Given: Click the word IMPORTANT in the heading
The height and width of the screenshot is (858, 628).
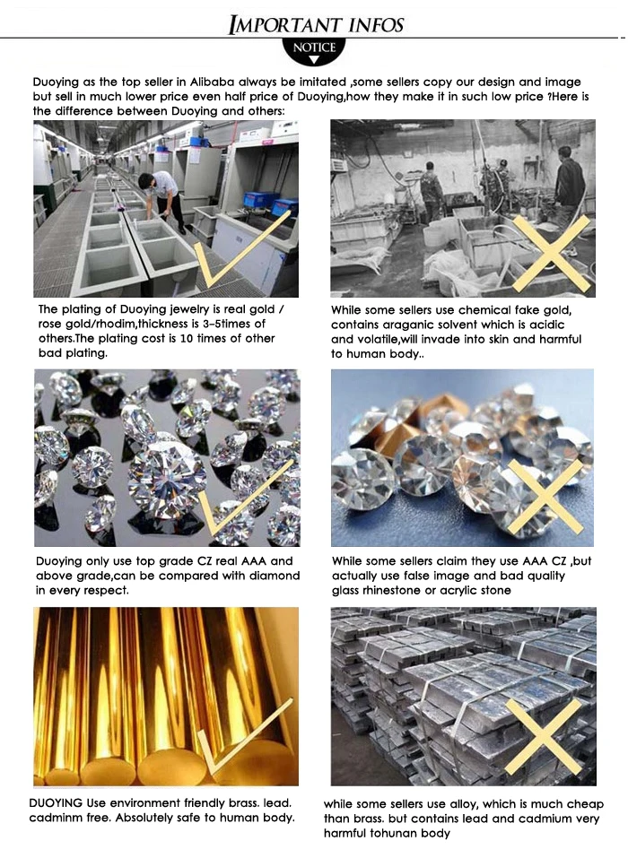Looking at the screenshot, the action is pyautogui.click(x=284, y=24).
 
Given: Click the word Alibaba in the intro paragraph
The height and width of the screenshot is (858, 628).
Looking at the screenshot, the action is pyautogui.click(x=213, y=82).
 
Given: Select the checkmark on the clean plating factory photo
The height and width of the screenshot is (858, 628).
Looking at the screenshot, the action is pyautogui.click(x=241, y=250).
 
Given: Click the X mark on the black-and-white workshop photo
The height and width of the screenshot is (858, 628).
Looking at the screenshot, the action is pyautogui.click(x=552, y=253).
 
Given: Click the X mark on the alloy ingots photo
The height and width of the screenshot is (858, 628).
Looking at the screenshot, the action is pyautogui.click(x=543, y=737).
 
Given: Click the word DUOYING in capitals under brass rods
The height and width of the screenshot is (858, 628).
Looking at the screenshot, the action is pyautogui.click(x=56, y=803).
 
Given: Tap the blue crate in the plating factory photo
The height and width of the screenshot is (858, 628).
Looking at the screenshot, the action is pyautogui.click(x=260, y=200).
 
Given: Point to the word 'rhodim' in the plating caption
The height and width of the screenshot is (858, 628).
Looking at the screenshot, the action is pyautogui.click(x=117, y=324).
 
